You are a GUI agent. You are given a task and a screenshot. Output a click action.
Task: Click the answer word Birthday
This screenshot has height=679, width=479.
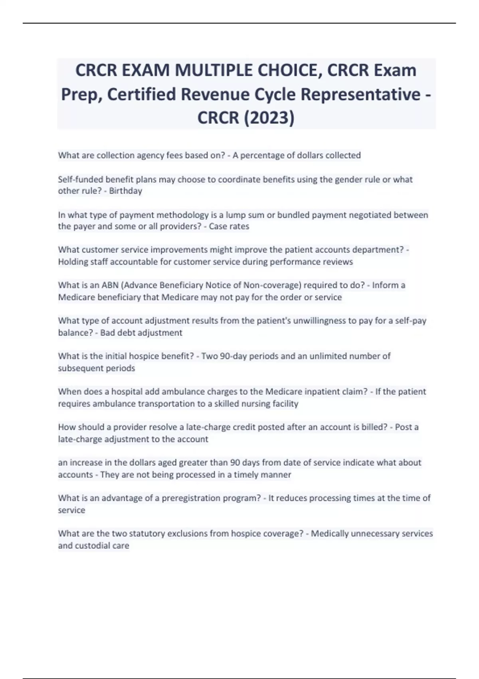126,191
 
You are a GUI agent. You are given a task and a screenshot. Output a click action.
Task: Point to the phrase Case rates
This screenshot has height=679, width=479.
229,226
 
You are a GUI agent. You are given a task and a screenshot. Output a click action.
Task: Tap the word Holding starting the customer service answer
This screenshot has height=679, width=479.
72,262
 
